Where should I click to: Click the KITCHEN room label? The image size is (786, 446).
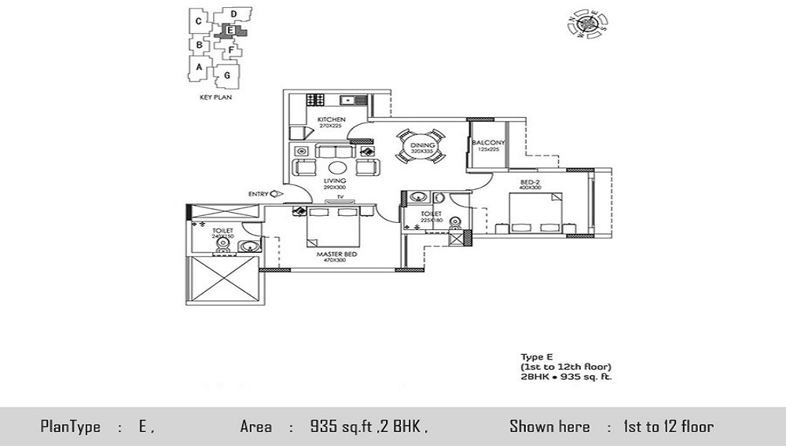(x=331, y=119)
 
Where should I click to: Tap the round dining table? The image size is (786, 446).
(x=417, y=147)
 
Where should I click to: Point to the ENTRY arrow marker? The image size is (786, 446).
(x=275, y=194)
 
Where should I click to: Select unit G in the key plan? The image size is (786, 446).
(x=226, y=75)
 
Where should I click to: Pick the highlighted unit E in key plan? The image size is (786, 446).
(x=230, y=31)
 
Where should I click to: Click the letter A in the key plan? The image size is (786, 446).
(x=200, y=68)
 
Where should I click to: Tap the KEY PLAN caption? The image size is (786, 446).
(x=214, y=99)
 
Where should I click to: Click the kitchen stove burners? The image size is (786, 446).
(x=315, y=100)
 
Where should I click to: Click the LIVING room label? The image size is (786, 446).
(x=335, y=181)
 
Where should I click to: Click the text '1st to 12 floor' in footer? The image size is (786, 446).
(x=668, y=427)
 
